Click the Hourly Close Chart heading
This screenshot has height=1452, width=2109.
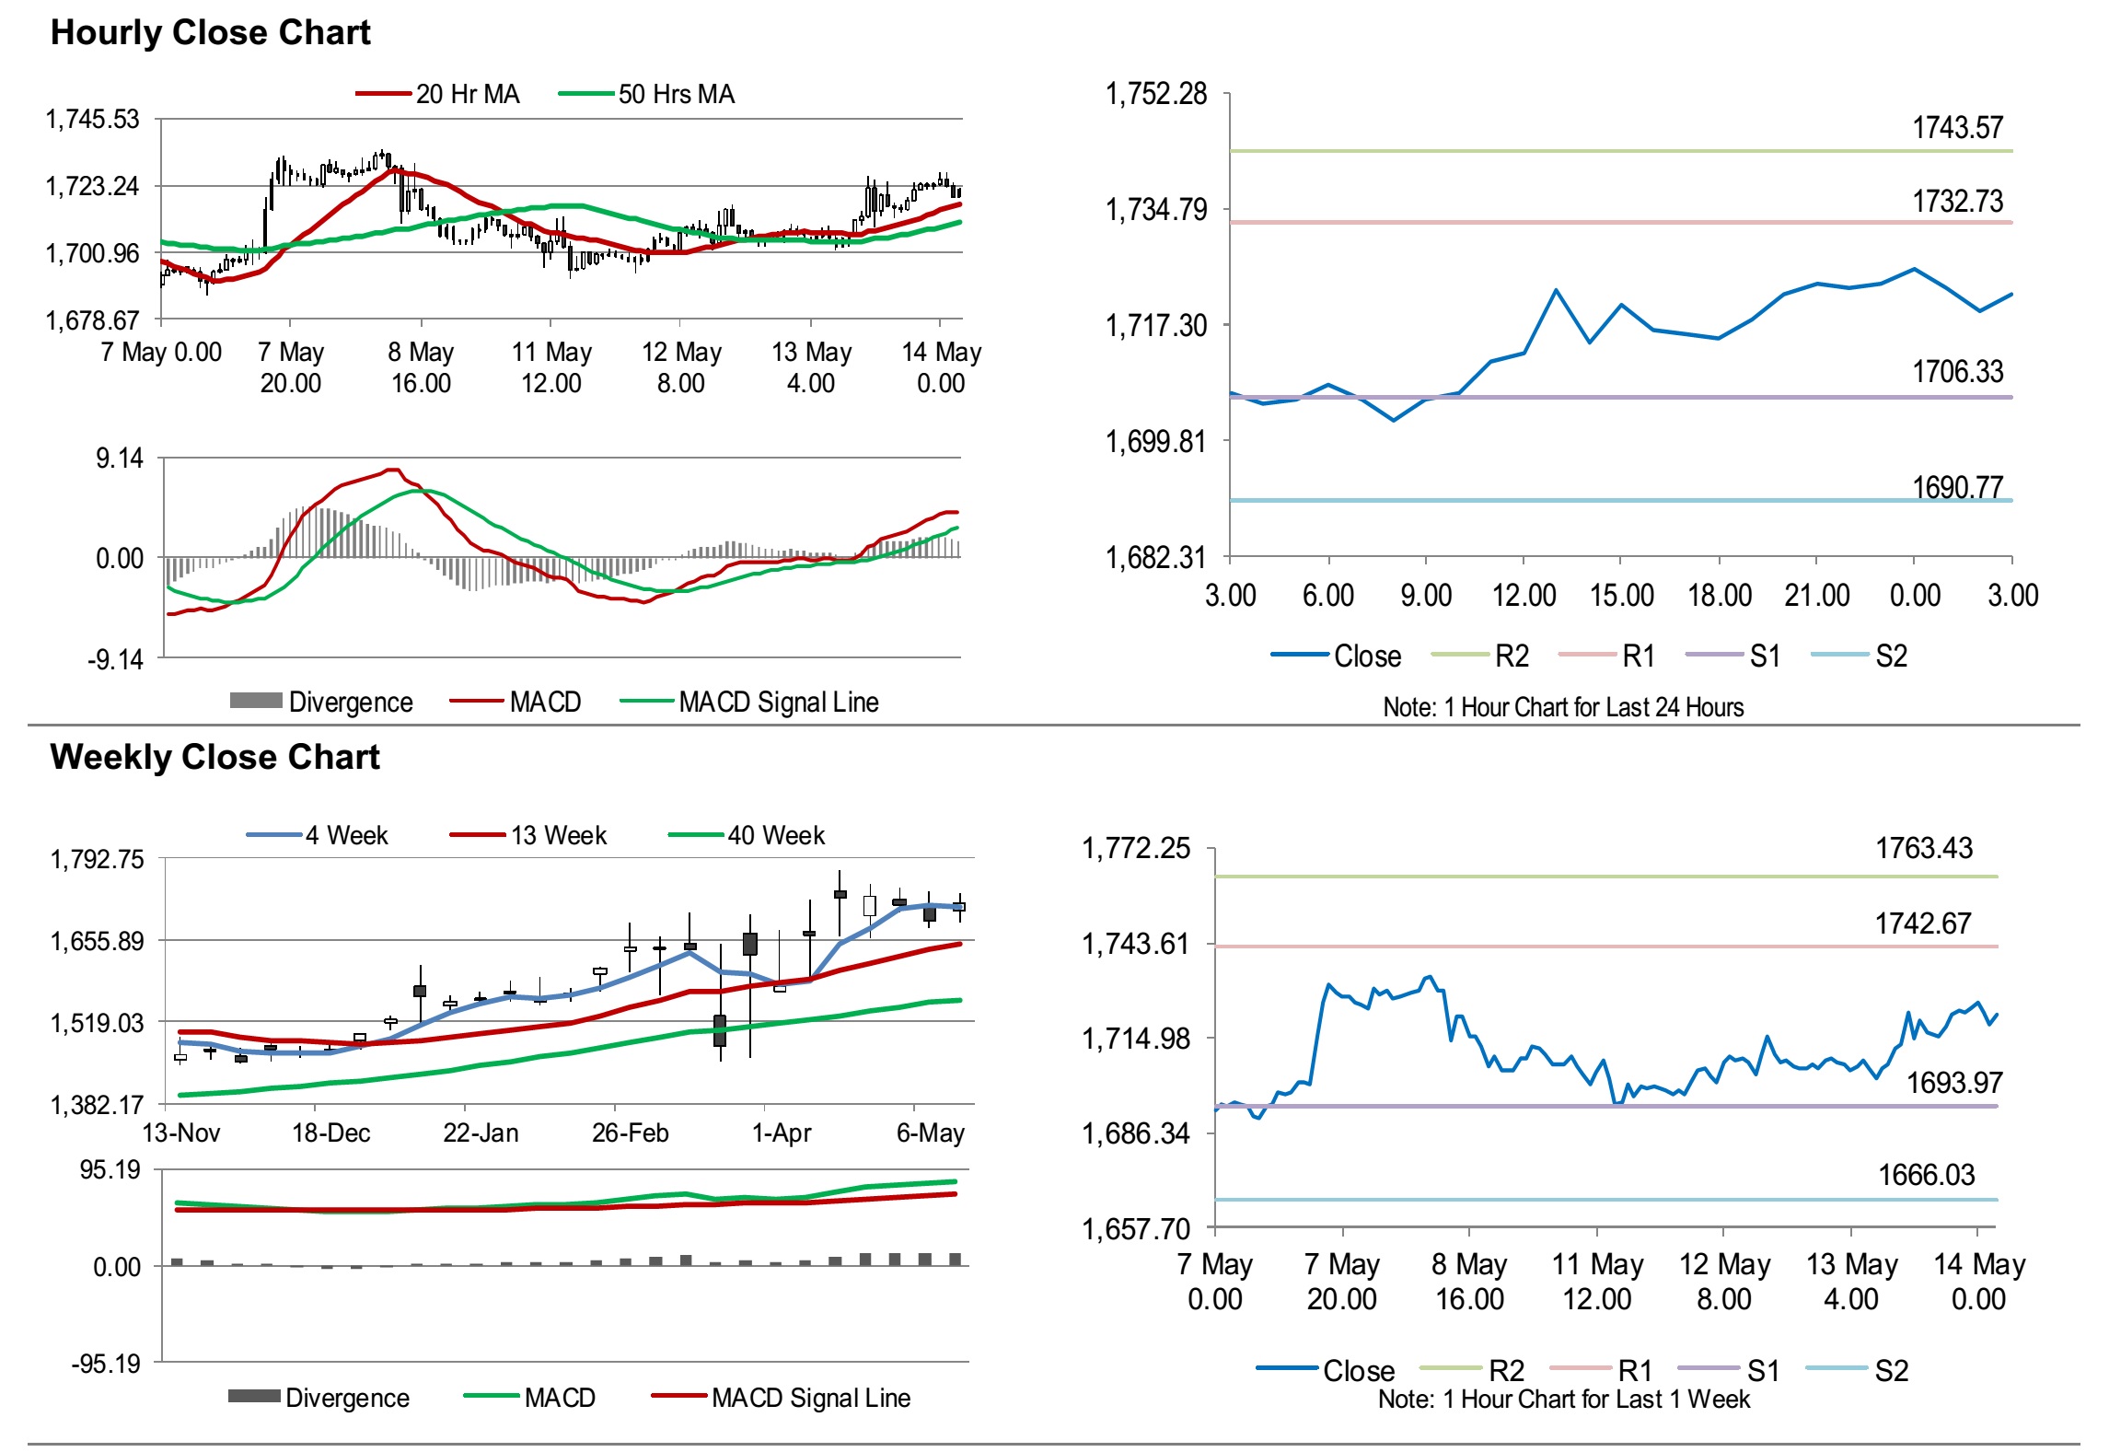[210, 32]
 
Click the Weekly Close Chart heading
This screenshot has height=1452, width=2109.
[214, 757]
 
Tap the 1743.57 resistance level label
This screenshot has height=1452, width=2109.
[1957, 128]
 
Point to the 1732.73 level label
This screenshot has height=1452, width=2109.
[1957, 202]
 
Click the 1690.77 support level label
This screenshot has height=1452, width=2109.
[1957, 487]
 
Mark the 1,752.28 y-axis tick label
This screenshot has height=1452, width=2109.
[1155, 94]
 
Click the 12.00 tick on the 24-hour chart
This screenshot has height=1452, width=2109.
[1524, 596]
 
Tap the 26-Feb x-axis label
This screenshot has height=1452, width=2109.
[630, 1133]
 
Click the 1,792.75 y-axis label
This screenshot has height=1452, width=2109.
[97, 859]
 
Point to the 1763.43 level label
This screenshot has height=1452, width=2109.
[1924, 848]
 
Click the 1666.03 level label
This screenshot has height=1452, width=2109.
[1926, 1175]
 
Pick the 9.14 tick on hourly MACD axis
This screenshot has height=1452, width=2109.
[120, 459]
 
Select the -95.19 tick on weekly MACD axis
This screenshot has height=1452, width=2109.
[106, 1363]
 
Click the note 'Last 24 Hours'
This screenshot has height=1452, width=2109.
[1563, 707]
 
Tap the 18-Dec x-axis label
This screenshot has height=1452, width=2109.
[330, 1133]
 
